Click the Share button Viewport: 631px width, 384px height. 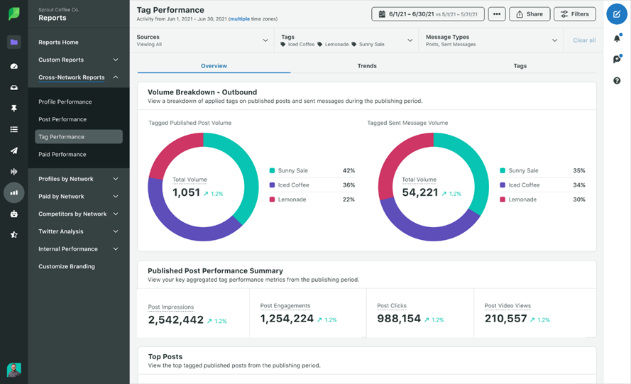[x=530, y=14]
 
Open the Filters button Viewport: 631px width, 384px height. [x=574, y=14]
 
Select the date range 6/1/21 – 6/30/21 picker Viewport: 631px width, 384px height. [x=427, y=14]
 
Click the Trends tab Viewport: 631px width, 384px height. [x=367, y=66]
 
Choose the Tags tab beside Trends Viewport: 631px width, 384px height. [x=520, y=66]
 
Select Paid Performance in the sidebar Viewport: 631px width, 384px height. [x=62, y=154]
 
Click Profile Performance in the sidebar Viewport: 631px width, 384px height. [x=65, y=102]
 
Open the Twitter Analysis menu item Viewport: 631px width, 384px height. [x=61, y=231]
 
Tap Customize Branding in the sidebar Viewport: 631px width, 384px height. [x=67, y=266]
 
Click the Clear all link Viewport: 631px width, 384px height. [x=584, y=40]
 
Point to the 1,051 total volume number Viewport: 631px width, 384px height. [x=186, y=192]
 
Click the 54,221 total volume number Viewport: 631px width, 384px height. [x=419, y=192]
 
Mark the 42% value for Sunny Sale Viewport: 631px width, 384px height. [x=349, y=171]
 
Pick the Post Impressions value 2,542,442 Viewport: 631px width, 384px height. [x=176, y=320]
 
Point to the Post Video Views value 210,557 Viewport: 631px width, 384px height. [x=505, y=319]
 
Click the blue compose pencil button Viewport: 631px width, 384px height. [x=616, y=14]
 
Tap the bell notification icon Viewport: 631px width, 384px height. [x=617, y=38]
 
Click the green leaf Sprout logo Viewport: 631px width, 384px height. [x=13, y=14]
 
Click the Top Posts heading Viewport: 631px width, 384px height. [x=165, y=356]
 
